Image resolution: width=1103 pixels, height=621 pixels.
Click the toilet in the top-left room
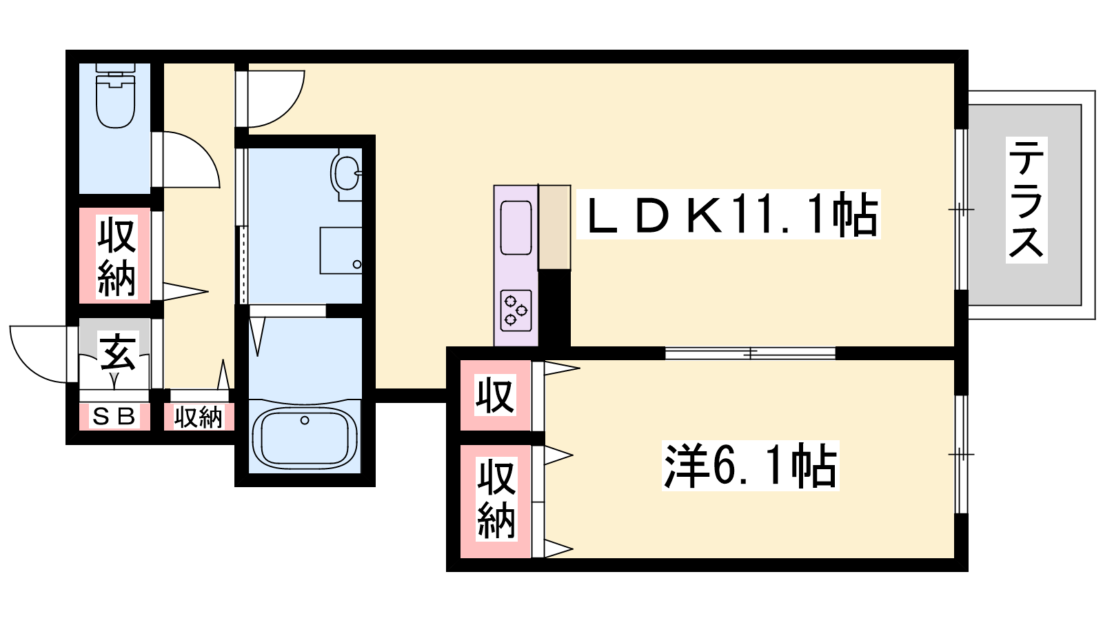click(x=115, y=95)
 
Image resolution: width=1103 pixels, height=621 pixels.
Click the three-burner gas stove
click(x=516, y=310)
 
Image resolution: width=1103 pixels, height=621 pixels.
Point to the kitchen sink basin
click(x=516, y=228)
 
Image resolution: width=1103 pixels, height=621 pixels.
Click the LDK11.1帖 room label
click(x=729, y=215)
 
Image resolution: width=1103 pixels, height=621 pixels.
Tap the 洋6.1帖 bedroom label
click(x=751, y=465)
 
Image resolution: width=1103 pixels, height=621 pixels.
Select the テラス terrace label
click(x=1026, y=199)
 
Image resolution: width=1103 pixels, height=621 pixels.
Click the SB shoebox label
click(x=114, y=417)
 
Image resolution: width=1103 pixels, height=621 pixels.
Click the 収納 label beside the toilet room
click(x=117, y=258)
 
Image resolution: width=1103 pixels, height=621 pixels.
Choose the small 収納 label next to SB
click(x=199, y=417)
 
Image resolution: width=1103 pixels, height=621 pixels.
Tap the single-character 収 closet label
click(x=496, y=395)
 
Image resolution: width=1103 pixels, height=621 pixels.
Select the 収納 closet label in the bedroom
click(x=496, y=499)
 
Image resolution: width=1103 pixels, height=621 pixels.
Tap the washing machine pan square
click(x=341, y=250)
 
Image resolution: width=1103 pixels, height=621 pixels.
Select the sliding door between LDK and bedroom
click(x=751, y=353)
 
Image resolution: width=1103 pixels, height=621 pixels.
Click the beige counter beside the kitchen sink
click(x=554, y=227)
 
